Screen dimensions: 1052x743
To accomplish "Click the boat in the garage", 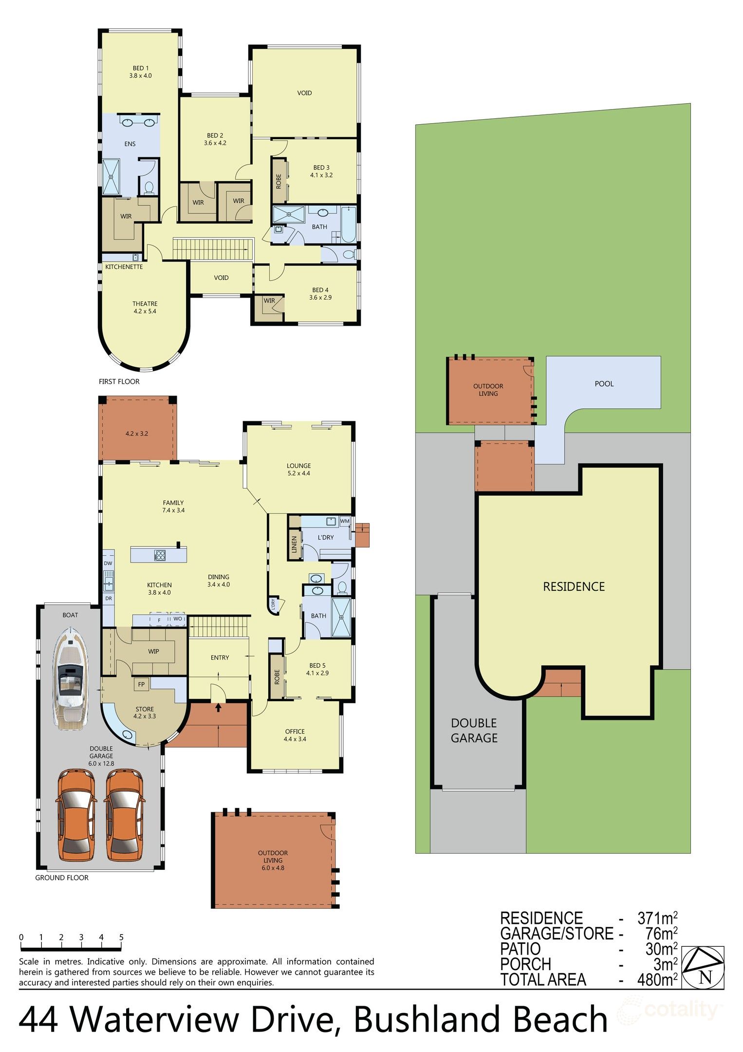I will [x=70, y=678].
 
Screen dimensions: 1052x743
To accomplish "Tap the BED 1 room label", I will [x=141, y=68].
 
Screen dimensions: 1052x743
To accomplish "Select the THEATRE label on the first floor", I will [x=145, y=303].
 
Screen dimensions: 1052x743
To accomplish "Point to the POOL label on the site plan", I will [x=604, y=384].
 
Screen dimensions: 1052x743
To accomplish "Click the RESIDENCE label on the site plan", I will [x=574, y=586].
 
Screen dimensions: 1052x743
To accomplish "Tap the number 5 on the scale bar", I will [x=121, y=937].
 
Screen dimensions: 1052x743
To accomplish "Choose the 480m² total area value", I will [x=657, y=980].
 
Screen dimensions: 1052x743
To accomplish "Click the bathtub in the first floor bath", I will [x=348, y=224].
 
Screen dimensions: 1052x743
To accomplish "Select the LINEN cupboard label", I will [x=294, y=544].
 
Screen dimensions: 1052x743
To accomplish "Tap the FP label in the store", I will [x=141, y=684].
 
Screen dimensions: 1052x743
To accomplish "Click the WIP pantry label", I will [x=153, y=651].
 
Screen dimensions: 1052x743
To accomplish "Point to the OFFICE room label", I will [x=295, y=732].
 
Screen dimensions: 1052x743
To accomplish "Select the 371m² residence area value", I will [x=657, y=919].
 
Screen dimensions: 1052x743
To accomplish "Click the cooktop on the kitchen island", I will [x=160, y=555].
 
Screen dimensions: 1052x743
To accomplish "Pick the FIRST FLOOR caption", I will [x=119, y=382].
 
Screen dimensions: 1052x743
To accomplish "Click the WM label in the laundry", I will [x=345, y=521].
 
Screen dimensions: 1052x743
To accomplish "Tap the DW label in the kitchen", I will [x=108, y=563].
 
